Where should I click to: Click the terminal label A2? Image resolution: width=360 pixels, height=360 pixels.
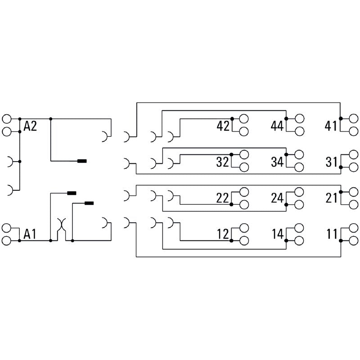coord(30,126)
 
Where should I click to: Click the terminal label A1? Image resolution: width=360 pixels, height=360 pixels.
coord(30,234)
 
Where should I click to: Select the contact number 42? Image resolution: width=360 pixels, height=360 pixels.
coord(223,126)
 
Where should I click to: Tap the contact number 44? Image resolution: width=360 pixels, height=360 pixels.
coord(277,126)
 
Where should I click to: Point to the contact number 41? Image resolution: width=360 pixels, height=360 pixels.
coord(331,126)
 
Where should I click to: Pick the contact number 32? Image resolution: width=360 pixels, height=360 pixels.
coord(222,162)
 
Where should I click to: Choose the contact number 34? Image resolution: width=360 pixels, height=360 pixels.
coord(277,162)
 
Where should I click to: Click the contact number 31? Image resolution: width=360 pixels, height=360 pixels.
coord(331,162)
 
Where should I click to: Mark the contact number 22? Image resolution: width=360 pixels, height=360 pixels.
coord(222,198)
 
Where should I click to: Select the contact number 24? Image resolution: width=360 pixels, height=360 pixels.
coord(277,198)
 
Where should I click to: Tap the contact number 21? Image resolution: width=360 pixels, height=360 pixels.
coord(331,198)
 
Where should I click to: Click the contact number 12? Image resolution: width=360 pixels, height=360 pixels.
coord(222,234)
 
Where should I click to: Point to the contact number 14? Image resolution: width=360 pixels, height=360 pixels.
coord(277,234)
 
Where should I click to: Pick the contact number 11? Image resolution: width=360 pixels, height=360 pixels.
coord(331,234)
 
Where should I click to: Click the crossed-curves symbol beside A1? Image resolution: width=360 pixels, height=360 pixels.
coord(61,225)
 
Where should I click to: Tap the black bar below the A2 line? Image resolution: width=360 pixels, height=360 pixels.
coord(82,161)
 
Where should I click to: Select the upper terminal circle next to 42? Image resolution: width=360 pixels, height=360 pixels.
coord(244,119)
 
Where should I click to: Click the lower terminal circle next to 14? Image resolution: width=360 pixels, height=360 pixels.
coord(299,240)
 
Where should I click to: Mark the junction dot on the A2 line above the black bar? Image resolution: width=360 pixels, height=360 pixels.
coord(51,119)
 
